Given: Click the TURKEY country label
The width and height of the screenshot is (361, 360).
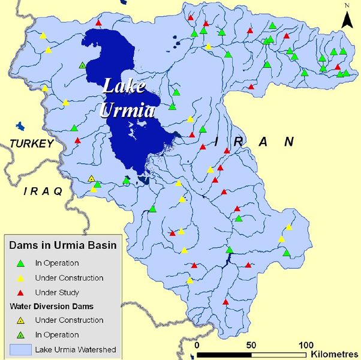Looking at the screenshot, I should [31, 143].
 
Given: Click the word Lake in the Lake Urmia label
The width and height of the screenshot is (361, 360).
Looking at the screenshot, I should [124, 86].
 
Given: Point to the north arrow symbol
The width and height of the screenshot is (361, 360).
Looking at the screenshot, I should [347, 19].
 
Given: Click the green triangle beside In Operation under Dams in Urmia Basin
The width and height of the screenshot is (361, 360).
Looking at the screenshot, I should [21, 263].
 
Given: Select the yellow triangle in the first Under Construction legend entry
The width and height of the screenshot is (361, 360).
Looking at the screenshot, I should [21, 278].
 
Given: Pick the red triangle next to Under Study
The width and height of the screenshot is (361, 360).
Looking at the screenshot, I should [21, 292].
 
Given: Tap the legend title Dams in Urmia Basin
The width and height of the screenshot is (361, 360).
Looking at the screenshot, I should [62, 245].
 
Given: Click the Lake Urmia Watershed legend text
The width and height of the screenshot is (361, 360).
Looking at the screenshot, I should [76, 349].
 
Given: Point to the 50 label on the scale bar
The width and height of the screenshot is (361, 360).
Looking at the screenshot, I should [252, 345].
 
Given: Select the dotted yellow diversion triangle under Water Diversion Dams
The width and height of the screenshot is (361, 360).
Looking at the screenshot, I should [21, 321].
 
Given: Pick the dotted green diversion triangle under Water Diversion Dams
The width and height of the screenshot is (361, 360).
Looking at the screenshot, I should [21, 335].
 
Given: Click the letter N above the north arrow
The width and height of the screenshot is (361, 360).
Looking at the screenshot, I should [347, 6].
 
